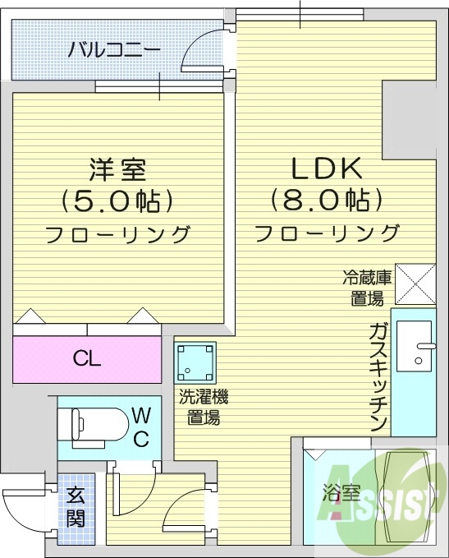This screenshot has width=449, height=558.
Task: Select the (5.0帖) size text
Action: (x=117, y=200)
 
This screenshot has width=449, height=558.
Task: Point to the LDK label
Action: (x=328, y=168)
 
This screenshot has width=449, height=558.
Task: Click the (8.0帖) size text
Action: (x=328, y=200)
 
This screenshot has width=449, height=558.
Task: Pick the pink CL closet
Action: (x=87, y=357)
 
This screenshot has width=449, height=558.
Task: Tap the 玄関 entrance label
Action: (x=76, y=507)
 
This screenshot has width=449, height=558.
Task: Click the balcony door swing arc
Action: (x=202, y=49)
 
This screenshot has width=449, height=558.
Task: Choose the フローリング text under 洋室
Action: (x=117, y=235)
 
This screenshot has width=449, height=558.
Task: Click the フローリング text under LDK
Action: (x=328, y=233)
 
